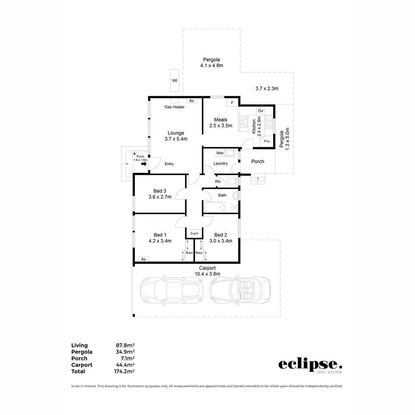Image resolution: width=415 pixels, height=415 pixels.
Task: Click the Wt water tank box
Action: point(174,81)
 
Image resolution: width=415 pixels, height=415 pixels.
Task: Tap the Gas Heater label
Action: point(174,107)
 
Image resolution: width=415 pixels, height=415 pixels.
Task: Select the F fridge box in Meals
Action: point(232,103)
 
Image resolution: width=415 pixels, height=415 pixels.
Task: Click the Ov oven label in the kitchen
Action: point(260,111)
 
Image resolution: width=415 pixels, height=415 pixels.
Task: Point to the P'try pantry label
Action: point(267,141)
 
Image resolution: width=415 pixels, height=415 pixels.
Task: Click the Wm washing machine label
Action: point(220,153)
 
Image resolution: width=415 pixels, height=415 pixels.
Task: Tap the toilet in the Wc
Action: point(232,181)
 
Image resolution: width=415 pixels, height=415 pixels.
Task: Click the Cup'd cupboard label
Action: point(194,234)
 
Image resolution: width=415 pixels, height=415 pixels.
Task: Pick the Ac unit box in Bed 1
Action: point(144,259)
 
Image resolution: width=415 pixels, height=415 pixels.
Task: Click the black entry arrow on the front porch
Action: point(144,164)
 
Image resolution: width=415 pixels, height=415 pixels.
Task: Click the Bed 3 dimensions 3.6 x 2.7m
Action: point(160,197)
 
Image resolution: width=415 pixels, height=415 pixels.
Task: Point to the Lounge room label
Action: point(176,133)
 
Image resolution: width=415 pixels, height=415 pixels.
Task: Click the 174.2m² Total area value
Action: point(125,372)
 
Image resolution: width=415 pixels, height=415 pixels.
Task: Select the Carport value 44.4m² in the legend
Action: point(125,365)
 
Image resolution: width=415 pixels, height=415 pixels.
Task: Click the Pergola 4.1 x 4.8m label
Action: point(211,63)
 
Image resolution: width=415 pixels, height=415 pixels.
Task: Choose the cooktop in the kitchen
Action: point(243,122)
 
